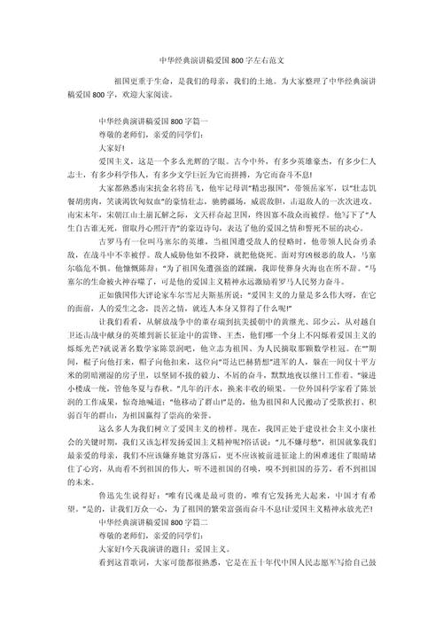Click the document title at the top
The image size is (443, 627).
(x=221, y=63)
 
